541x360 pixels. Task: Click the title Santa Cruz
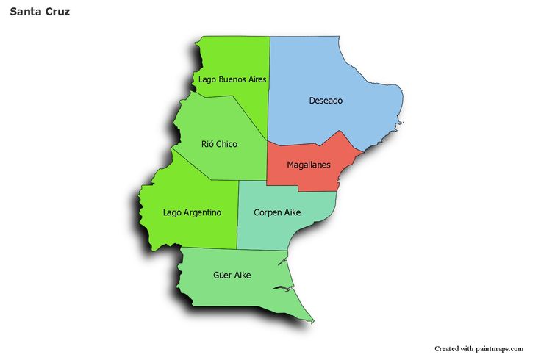tap(40, 12)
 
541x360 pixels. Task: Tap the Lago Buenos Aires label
tap(232, 79)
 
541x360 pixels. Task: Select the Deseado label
tap(326, 100)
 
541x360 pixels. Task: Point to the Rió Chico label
tap(219, 144)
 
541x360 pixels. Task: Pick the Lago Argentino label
tap(192, 212)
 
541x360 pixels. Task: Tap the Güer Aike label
tap(232, 275)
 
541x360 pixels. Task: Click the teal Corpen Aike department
tap(294, 228)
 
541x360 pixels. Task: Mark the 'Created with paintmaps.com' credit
tap(479, 348)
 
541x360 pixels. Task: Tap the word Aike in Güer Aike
tap(242, 275)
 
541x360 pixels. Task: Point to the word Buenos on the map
tap(234, 79)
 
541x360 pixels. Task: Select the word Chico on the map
tap(226, 144)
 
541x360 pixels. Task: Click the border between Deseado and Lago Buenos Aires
tap(269, 88)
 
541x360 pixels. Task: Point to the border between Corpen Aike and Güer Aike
tap(265, 250)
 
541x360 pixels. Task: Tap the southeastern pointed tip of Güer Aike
tap(312, 322)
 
